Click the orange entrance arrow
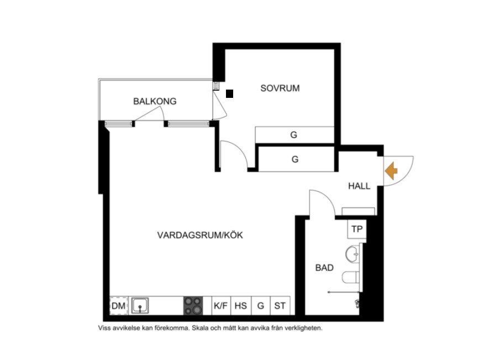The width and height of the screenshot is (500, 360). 391,171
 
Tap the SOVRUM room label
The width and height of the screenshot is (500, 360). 280,88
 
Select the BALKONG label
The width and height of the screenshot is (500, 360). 155,101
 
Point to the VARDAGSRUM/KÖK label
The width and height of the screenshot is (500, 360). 200,235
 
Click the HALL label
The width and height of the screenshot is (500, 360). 359,186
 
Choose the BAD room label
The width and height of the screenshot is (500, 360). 324,268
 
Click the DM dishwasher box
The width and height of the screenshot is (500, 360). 119,306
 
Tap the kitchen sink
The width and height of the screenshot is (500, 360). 140,305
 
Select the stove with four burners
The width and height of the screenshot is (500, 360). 193,306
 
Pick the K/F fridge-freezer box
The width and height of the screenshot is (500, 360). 221,306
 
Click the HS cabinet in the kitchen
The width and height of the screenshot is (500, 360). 241,306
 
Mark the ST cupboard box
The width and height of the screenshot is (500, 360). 280,306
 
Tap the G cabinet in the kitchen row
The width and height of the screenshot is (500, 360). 261,306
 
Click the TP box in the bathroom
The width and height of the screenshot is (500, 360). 357,229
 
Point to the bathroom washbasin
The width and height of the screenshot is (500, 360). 352,254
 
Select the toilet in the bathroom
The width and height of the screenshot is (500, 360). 351,277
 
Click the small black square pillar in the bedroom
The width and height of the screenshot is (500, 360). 230,93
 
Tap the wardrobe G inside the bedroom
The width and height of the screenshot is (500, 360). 294,135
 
